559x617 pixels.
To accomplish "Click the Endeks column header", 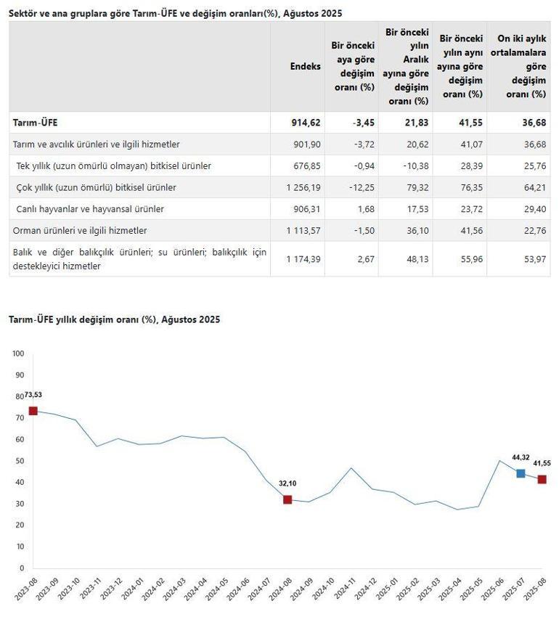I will (305, 66).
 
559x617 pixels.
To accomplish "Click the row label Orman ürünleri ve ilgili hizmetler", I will (80, 231).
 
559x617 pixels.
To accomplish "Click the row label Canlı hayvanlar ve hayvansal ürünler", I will (89, 209).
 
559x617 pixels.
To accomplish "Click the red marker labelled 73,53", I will (33, 411).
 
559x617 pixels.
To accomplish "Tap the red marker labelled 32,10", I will (287, 499).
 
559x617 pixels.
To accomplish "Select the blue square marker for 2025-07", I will (521, 473).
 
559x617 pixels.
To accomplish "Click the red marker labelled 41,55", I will (542, 479).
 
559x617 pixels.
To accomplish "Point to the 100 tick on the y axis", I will (19, 354).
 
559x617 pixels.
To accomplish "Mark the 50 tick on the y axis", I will (19, 461).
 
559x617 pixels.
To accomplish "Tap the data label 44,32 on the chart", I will (521, 457).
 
